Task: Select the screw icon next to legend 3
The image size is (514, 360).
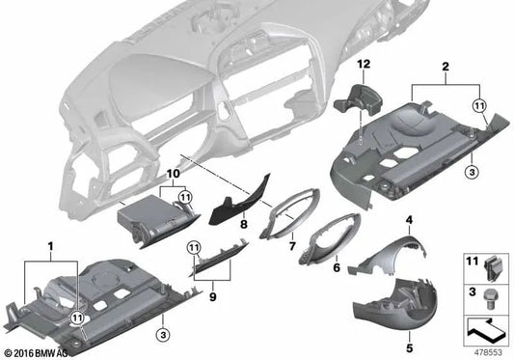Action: [491, 291]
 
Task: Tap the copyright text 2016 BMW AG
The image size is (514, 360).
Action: [40, 352]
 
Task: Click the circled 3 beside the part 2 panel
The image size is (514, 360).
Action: [473, 171]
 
